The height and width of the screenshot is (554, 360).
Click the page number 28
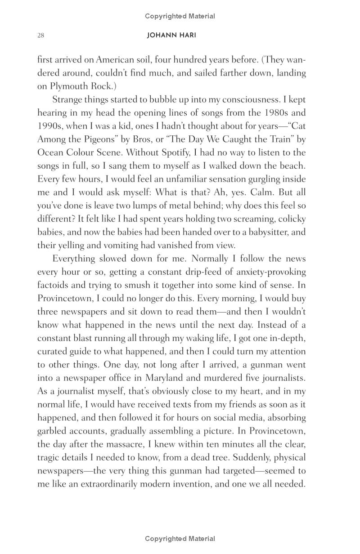tap(40, 36)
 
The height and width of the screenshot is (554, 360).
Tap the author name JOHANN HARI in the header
tap(171, 36)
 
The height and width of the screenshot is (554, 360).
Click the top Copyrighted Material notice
tap(180, 16)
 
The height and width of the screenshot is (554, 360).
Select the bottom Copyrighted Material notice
tap(180, 538)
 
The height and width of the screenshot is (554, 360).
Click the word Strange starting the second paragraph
tap(67, 100)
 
